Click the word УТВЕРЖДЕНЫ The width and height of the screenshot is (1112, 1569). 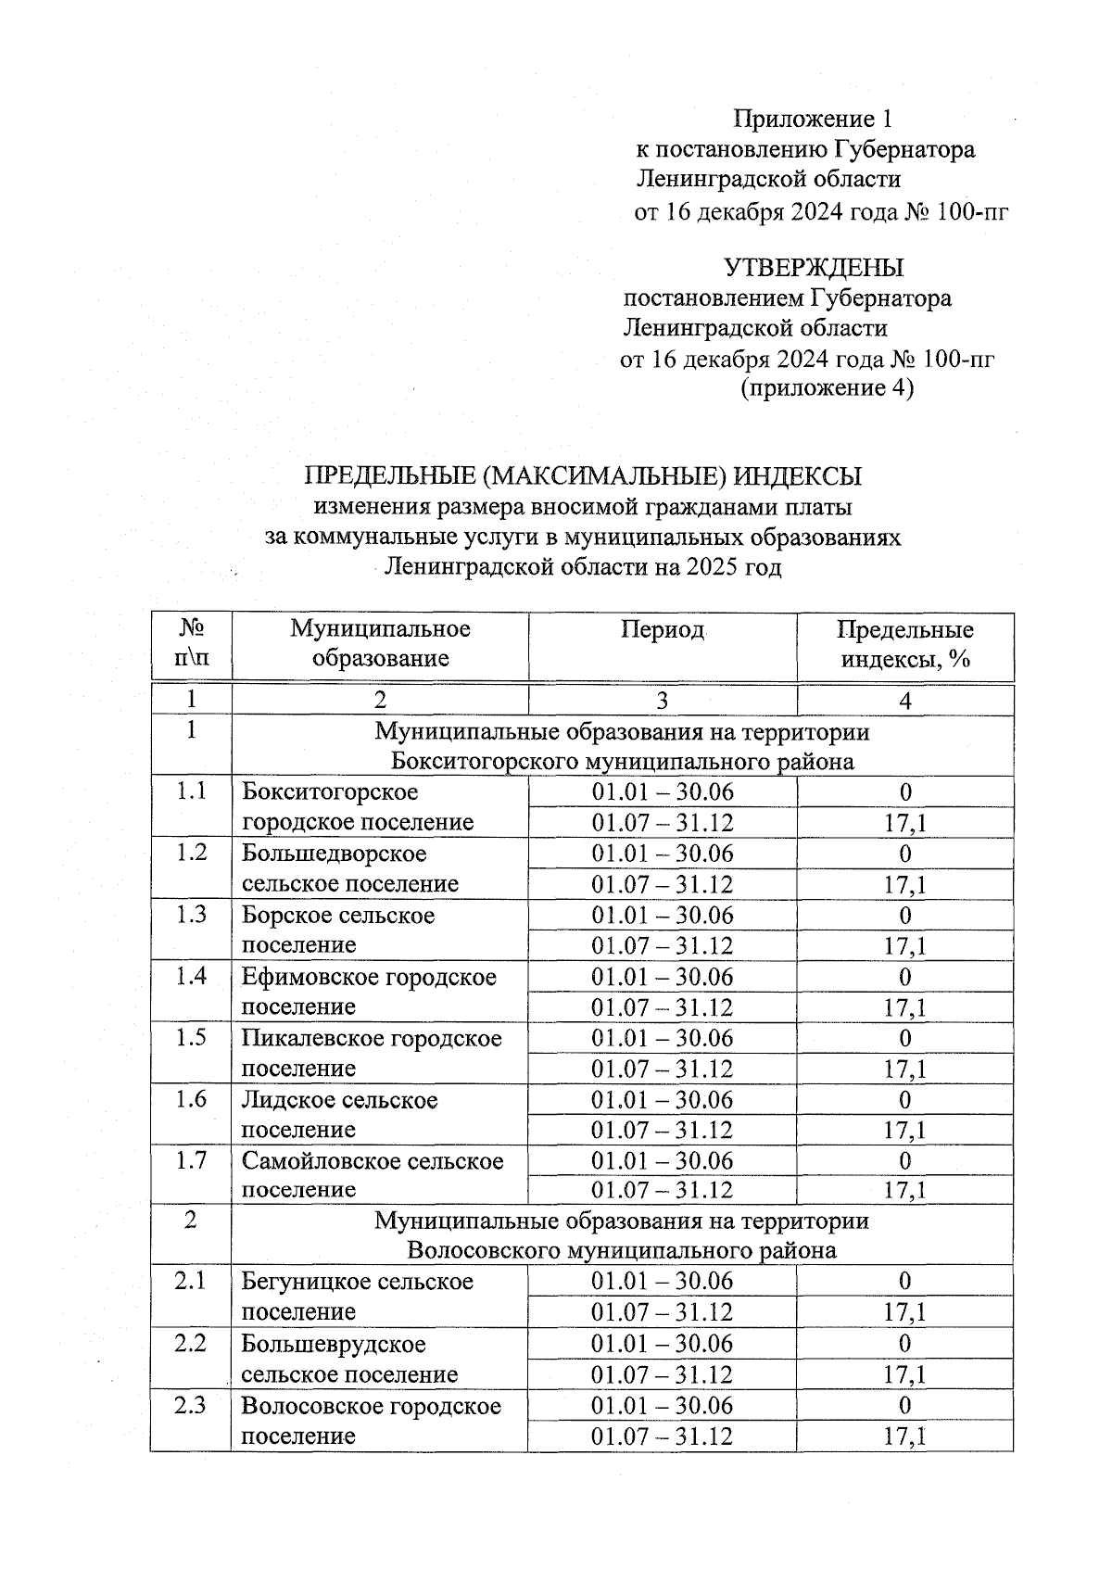click(813, 269)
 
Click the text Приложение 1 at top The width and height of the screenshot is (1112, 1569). click(813, 119)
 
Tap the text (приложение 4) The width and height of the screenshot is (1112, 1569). click(827, 387)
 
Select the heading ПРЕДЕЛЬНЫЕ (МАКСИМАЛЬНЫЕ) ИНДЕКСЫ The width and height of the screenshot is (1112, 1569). click(583, 476)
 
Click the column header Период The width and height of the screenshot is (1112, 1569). click(662, 630)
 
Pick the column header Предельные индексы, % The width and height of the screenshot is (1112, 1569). click(904, 644)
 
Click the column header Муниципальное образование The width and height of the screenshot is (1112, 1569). click(380, 644)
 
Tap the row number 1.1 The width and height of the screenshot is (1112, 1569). click(191, 791)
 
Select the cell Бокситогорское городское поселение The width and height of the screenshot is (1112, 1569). click(358, 807)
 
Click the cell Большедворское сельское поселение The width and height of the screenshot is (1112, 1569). click(350, 868)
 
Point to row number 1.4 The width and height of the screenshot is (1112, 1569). click(191, 976)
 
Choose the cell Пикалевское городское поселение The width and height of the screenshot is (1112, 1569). click(371, 1053)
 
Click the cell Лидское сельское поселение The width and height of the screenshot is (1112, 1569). click(339, 1114)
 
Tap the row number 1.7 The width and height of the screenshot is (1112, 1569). click(191, 1160)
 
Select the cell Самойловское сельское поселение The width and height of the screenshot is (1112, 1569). click(372, 1175)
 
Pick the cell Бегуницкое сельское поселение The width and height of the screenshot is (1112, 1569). click(357, 1297)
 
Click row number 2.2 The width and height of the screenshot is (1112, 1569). click(191, 1343)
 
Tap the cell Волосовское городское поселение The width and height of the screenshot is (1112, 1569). click(371, 1420)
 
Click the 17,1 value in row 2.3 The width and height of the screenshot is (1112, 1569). click(904, 1436)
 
